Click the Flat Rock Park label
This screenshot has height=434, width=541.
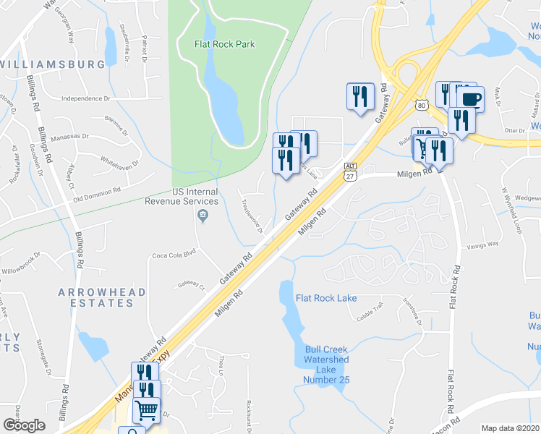(x=224, y=44)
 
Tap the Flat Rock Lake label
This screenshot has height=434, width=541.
(x=325, y=298)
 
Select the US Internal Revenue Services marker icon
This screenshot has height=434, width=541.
(x=203, y=215)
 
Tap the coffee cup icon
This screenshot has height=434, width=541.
(x=471, y=98)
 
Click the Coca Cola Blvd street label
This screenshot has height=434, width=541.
(x=174, y=255)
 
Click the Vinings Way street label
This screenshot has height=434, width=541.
(x=483, y=244)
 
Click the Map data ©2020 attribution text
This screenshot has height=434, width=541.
(x=510, y=428)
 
